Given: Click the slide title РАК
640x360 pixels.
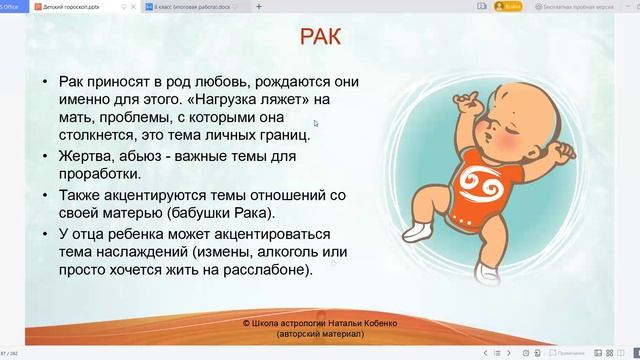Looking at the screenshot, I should [322, 39].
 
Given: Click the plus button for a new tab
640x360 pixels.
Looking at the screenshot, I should [259, 6].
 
